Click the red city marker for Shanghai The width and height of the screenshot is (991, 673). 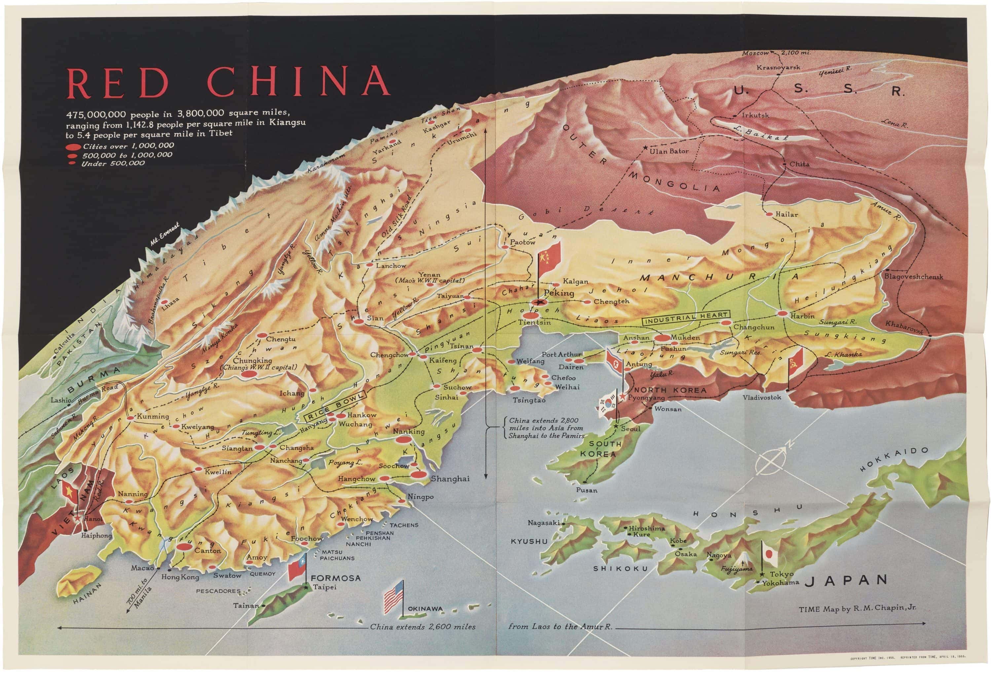(x=419, y=474)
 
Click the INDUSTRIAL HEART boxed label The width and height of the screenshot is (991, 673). (x=686, y=318)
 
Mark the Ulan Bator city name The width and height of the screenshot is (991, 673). (x=669, y=151)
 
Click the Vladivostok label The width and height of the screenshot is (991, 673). (x=762, y=397)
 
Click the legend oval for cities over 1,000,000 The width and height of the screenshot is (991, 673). (x=73, y=147)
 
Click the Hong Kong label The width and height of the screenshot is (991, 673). (x=180, y=577)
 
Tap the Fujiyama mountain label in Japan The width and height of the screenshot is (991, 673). (x=736, y=569)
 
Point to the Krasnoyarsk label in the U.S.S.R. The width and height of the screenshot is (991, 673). (x=778, y=67)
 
